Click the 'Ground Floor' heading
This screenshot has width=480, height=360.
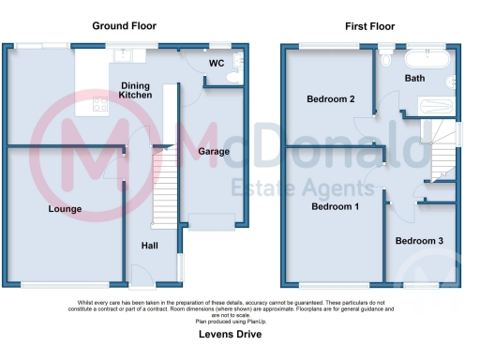pyautogui.click(x=124, y=26)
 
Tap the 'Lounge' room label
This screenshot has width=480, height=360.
pyautogui.click(x=65, y=209)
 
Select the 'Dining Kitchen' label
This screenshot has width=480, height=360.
pyautogui.click(x=137, y=91)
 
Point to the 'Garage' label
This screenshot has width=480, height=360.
pyautogui.click(x=214, y=150)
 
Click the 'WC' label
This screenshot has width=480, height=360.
pyautogui.click(x=216, y=63)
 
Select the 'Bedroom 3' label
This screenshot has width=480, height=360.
pyautogui.click(x=419, y=241)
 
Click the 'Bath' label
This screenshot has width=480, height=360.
pyautogui.click(x=415, y=79)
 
